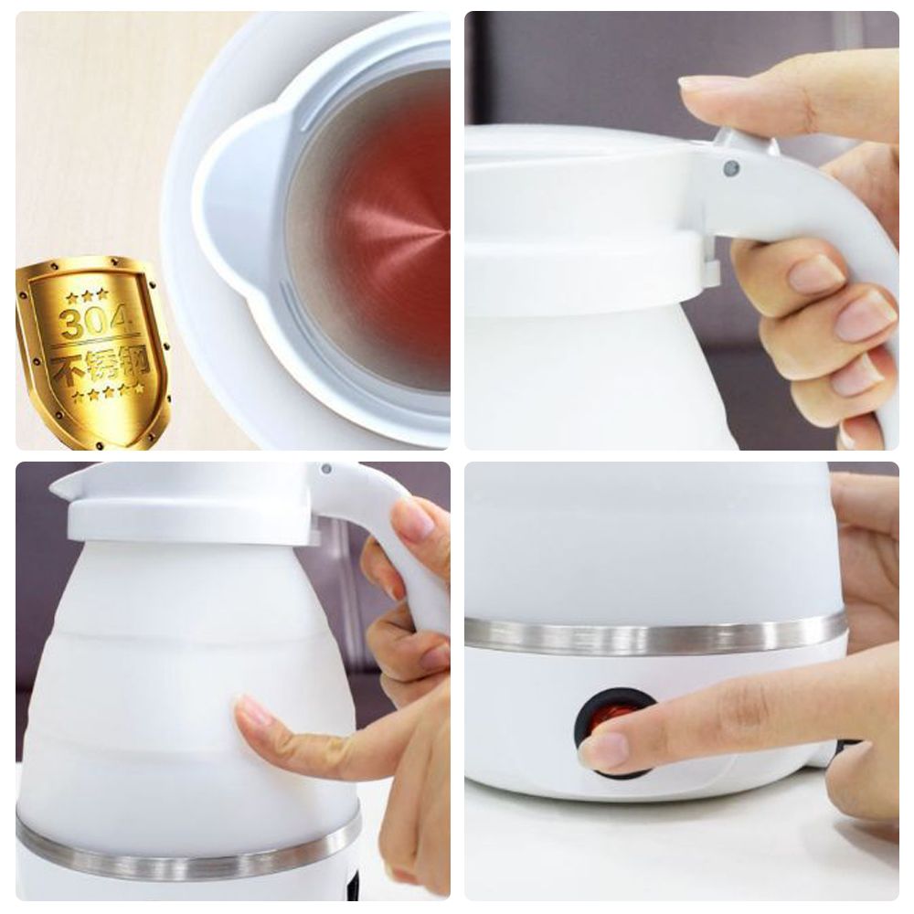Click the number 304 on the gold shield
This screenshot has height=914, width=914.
pyautogui.click(x=96, y=323)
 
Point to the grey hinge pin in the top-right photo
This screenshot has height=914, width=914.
pyautogui.click(x=731, y=169)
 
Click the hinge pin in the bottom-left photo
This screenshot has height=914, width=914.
pyautogui.click(x=326, y=469)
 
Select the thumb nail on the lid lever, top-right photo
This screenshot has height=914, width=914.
pyautogui.click(x=699, y=84)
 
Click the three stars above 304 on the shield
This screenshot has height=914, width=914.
pyautogui.click(x=87, y=296)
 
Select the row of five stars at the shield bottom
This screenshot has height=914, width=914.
pyautogui.click(x=109, y=393)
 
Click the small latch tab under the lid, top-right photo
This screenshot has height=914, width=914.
pyautogui.click(x=710, y=271)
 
